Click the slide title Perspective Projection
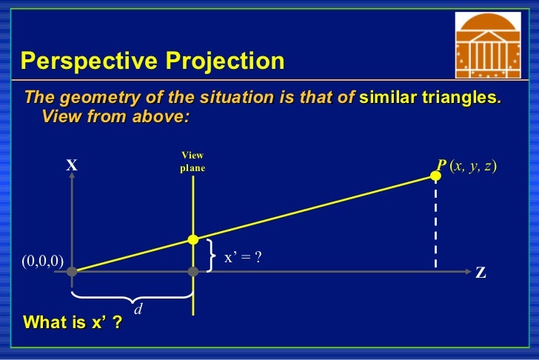pyautogui.click(x=152, y=61)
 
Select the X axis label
pyautogui.click(x=72, y=166)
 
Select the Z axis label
pyautogui.click(x=481, y=273)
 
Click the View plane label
pyautogui.click(x=192, y=161)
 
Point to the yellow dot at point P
pyautogui.click(x=435, y=176)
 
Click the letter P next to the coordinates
pyautogui.click(x=441, y=166)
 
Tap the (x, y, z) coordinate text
pyautogui.click(x=473, y=166)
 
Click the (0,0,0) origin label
pyautogui.click(x=42, y=260)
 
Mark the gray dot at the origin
pyautogui.click(x=72, y=272)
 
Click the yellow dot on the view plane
pyautogui.click(x=192, y=239)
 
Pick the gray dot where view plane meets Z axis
pyautogui.click(x=192, y=272)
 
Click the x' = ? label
pyautogui.click(x=244, y=257)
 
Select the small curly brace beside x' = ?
pyautogui.click(x=212, y=256)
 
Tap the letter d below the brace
pyautogui.click(x=138, y=310)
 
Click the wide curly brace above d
pyautogui.click(x=132, y=297)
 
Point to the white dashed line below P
pyautogui.click(x=435, y=226)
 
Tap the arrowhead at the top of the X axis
pyautogui.click(x=72, y=181)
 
